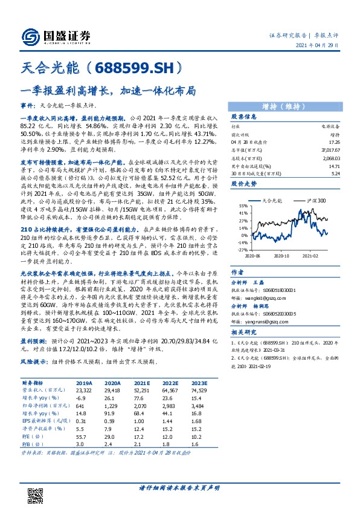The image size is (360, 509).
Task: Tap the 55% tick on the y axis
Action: point(242,206)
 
